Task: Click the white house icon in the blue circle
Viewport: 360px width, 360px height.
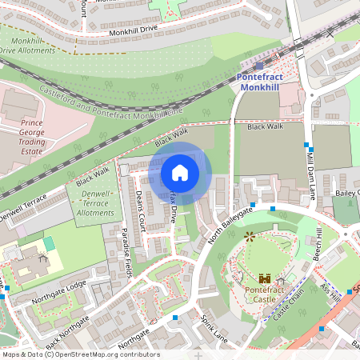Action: [x=180, y=173]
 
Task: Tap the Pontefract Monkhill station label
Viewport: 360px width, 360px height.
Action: [x=259, y=81]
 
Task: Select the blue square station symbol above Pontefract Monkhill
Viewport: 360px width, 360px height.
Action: [x=259, y=66]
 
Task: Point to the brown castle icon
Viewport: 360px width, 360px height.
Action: [x=265, y=278]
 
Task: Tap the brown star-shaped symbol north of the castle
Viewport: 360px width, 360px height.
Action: [x=249, y=237]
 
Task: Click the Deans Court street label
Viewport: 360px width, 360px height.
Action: [x=141, y=206]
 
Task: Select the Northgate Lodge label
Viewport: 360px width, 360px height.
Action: [x=58, y=293]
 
